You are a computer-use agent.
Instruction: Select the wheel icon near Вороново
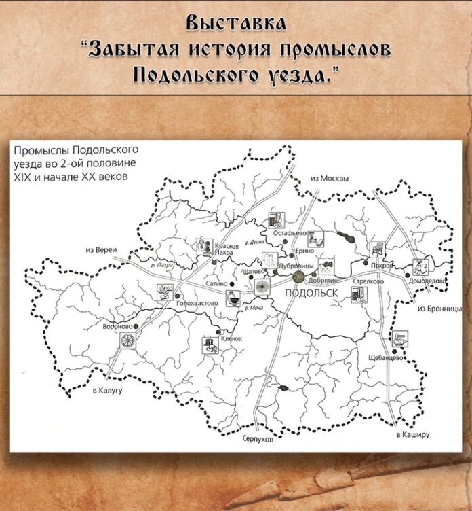point(127,343)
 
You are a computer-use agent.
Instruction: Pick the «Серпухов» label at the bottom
point(258,440)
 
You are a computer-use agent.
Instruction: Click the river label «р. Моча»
point(255,308)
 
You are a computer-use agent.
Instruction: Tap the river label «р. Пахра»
point(165,264)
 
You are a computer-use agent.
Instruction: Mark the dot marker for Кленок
point(218,332)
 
